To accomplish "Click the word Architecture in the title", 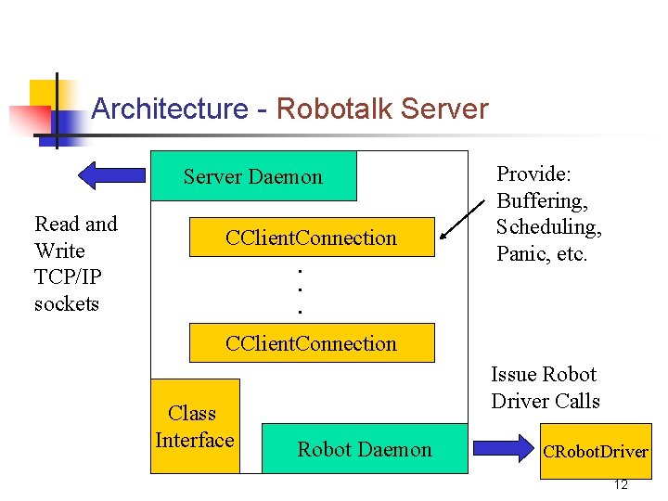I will point(170,109).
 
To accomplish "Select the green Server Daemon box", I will point(253,176).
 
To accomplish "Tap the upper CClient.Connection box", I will point(311,238).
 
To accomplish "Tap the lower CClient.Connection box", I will point(311,343).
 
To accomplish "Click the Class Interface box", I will point(195,427).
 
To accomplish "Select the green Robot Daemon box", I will point(365,449).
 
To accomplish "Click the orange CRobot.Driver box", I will point(595,452).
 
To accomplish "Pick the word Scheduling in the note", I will point(548,227).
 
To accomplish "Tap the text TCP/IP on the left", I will point(67,277).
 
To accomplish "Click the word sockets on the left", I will point(67,304).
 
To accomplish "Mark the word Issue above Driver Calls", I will point(514,375).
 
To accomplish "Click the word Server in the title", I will point(444,109).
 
